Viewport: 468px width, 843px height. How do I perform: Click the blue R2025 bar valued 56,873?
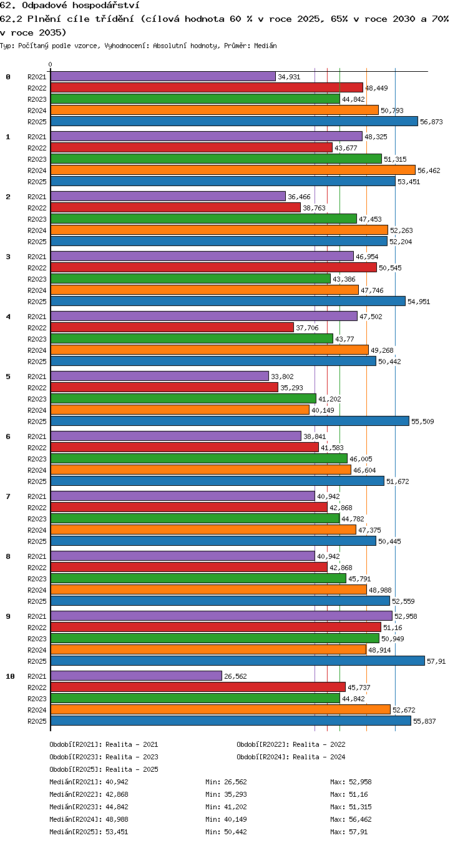point(234,121)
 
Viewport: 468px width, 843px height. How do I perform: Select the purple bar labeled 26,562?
point(136,676)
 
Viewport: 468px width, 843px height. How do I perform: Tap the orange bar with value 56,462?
point(233,170)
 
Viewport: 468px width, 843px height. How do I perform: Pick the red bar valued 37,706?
point(172,327)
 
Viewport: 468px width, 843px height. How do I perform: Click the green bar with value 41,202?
point(183,398)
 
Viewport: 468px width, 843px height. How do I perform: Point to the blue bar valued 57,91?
point(238,661)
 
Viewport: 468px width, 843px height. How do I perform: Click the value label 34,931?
point(289,77)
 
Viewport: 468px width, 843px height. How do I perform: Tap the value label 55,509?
point(422,421)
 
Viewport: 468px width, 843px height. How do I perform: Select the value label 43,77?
point(344,339)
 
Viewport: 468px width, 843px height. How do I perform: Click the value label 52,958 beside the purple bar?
point(406,616)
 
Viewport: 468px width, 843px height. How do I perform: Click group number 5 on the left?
point(8,377)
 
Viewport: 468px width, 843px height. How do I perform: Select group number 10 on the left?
point(10,676)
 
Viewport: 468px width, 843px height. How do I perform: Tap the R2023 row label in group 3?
point(37,279)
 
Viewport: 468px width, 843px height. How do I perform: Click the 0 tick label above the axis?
point(51,65)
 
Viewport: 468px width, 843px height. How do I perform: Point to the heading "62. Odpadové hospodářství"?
point(70,5)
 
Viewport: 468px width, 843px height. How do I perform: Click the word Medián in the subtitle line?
point(265,46)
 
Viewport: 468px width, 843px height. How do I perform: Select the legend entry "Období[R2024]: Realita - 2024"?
point(291,757)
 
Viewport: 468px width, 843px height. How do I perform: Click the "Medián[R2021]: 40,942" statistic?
point(89,782)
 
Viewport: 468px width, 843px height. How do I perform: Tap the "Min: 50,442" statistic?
point(226,832)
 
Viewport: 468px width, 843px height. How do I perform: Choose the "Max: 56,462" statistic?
point(351,819)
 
